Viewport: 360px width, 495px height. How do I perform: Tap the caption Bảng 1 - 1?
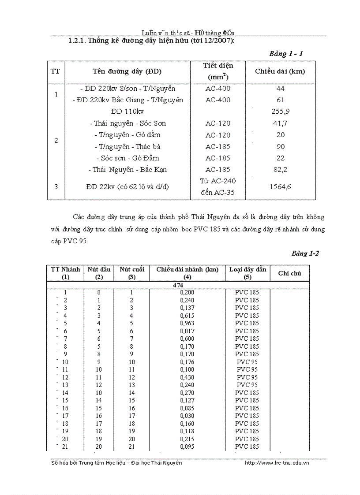coord(286,54)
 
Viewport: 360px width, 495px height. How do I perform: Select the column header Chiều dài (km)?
coord(280,71)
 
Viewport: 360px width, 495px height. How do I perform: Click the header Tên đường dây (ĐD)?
coord(127,71)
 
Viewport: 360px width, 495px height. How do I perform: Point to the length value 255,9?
coord(281,112)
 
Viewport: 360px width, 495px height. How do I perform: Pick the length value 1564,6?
coord(281,187)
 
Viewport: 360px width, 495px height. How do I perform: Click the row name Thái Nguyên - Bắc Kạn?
coord(127,170)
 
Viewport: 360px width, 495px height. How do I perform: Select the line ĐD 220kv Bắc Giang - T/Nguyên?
coord(127,100)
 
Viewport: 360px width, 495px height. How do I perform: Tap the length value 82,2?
coord(281,170)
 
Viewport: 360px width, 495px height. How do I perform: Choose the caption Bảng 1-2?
coord(305,253)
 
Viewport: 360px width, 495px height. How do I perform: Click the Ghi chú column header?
coord(289,273)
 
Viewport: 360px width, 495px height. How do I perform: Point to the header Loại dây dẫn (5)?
coord(247,273)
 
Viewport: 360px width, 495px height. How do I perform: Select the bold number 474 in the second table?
coord(178,285)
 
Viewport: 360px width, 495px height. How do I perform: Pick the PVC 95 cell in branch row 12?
coord(247,377)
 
